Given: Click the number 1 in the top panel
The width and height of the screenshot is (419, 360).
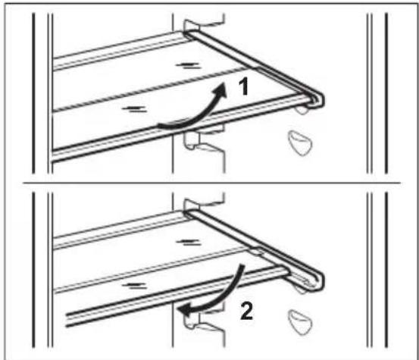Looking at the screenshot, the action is (244, 87).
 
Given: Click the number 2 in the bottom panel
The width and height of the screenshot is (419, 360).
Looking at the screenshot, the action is (246, 311).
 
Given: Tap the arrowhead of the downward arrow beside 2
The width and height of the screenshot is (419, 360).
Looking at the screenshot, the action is (185, 311).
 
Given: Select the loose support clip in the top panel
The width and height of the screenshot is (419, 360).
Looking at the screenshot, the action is (300, 142).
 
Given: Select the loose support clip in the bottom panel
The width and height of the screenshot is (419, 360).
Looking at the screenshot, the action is (300, 321).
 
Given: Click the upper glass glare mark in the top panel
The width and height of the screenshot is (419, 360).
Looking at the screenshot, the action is (188, 65).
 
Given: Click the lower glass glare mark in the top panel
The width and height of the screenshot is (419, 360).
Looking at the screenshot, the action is (134, 109).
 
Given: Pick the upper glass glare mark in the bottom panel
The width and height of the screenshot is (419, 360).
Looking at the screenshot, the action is (189, 242).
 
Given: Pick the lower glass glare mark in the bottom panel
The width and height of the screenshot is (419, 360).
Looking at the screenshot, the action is (134, 286).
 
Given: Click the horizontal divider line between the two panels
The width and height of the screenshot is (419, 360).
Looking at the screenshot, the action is (211, 183).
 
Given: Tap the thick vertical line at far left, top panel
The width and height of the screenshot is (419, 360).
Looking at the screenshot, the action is (33, 93).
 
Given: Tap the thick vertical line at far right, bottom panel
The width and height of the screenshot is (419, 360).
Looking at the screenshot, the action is (386, 270).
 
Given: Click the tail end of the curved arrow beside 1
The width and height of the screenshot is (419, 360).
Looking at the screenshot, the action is (159, 125).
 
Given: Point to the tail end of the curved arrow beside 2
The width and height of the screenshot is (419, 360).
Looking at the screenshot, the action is (242, 266).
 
